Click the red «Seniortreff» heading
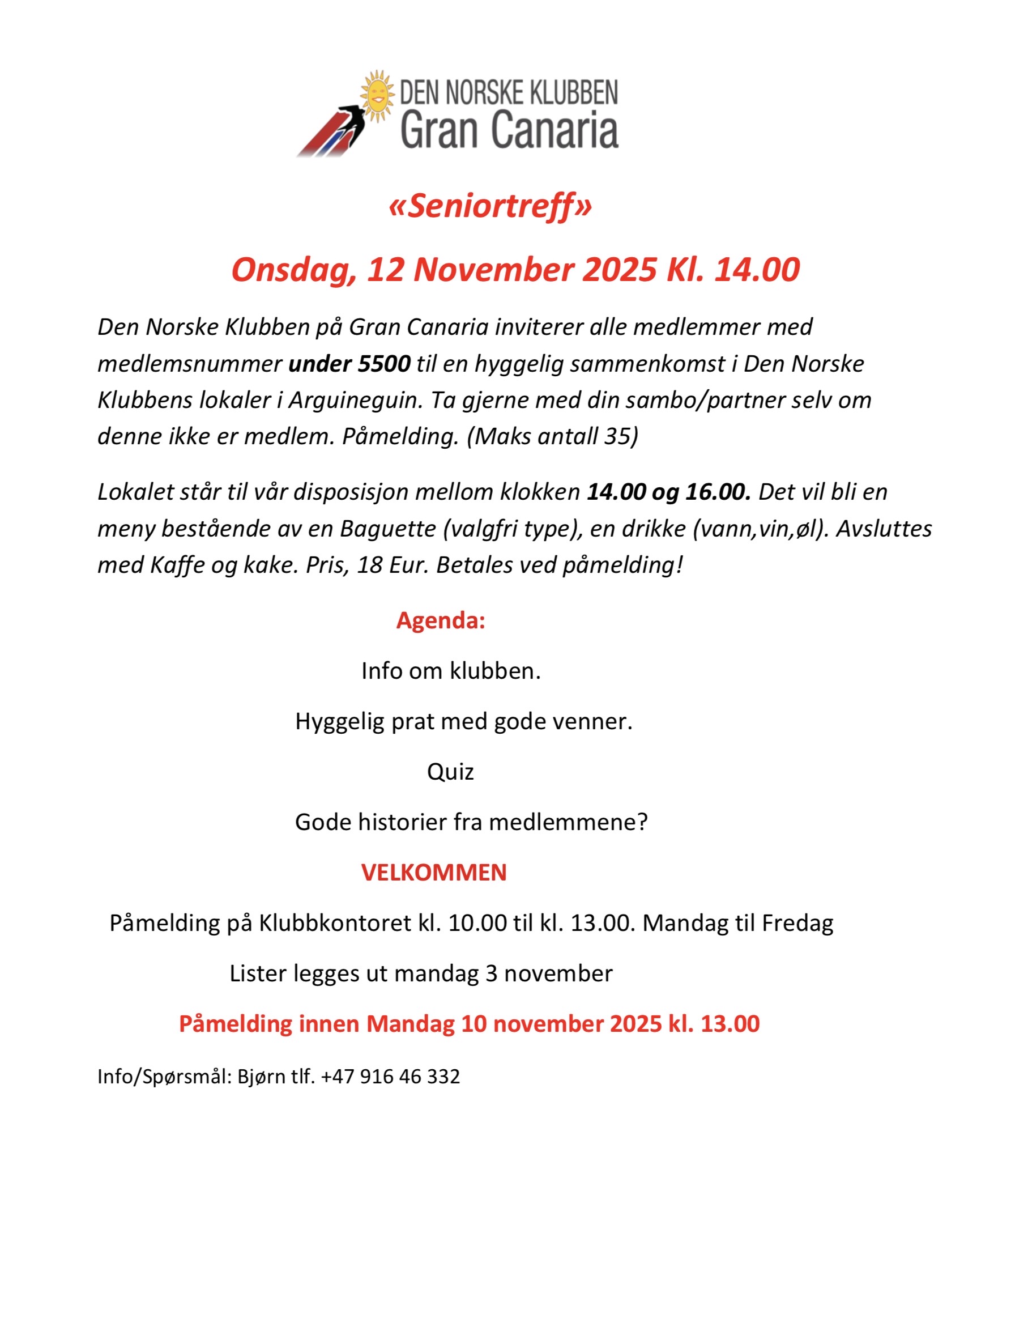[490, 206]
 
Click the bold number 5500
[383, 364]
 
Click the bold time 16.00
[718, 492]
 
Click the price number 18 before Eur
[369, 565]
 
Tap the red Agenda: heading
[440, 620]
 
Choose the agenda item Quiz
[450, 772]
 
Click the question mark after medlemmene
[641, 822]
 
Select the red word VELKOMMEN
[434, 873]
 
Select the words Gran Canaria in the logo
[509, 129]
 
